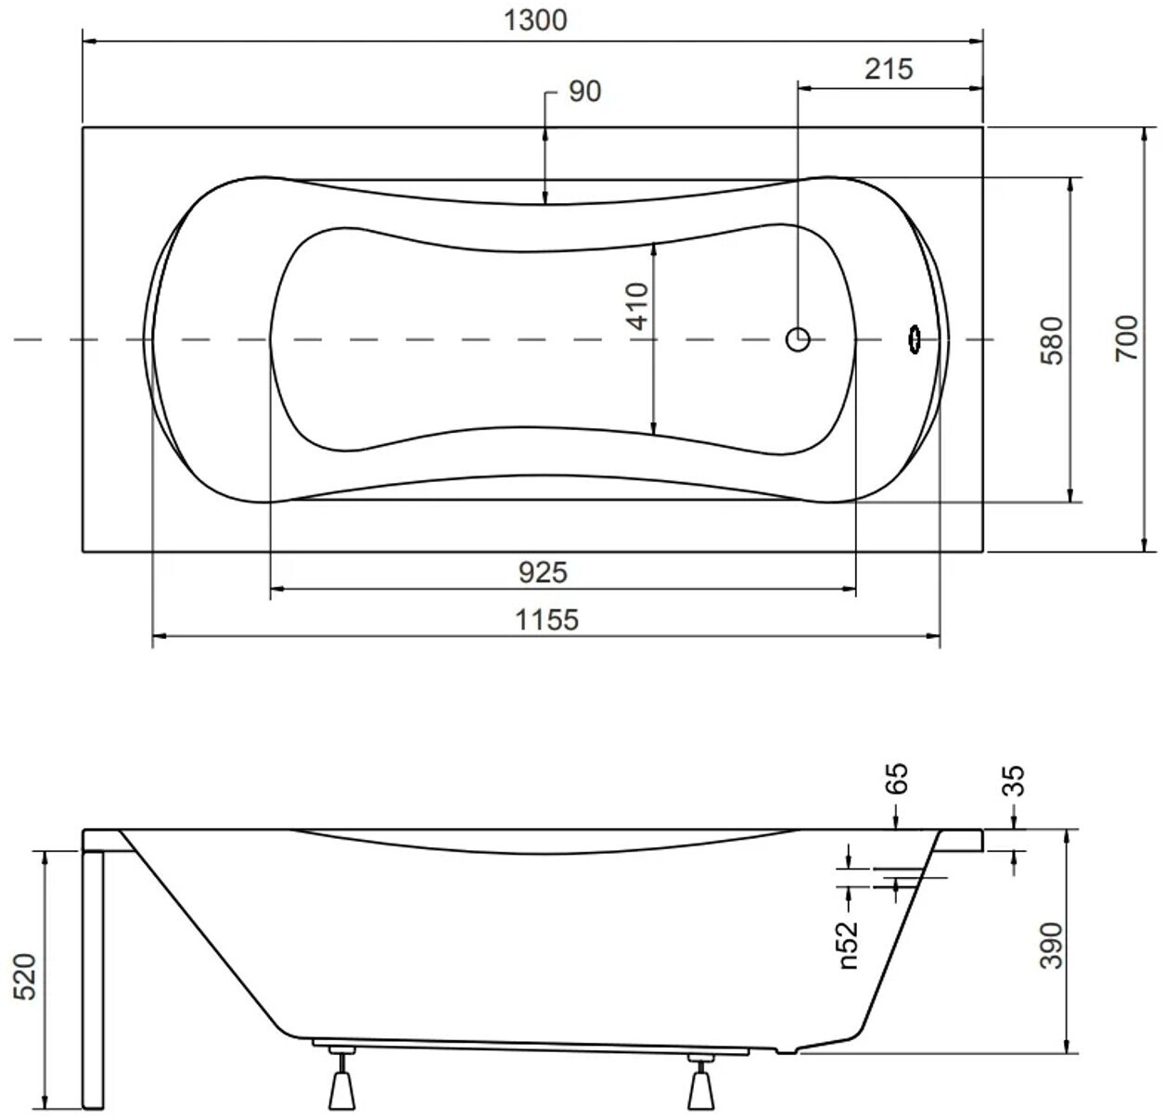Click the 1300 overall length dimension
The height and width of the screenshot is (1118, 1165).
tap(534, 20)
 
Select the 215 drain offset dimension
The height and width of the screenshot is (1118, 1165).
tap(889, 70)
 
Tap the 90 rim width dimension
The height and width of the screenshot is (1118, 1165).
tap(584, 92)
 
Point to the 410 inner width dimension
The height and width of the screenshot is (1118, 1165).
tap(637, 306)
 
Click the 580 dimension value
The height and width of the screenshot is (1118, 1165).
tap(1051, 341)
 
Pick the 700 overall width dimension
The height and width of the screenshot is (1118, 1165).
tap(1126, 337)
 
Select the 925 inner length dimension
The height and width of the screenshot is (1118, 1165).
tap(543, 573)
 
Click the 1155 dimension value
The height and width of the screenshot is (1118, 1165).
tap(547, 619)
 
